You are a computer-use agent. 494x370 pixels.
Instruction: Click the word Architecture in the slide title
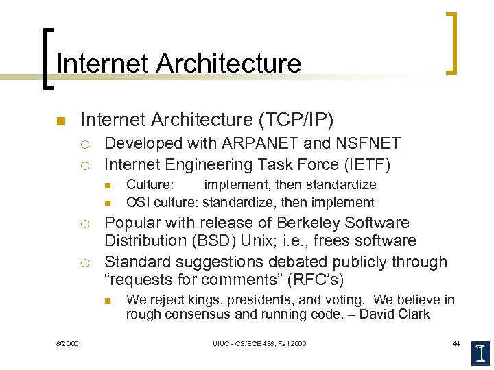pyautogui.click(x=228, y=63)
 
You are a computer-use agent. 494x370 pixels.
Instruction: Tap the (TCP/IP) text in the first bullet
pyautogui.click(x=295, y=121)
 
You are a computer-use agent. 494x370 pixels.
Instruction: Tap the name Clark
pyautogui.click(x=413, y=314)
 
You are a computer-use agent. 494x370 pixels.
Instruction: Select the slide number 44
pyautogui.click(x=456, y=343)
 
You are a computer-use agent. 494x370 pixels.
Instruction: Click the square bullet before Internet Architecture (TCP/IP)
pyautogui.click(x=60, y=122)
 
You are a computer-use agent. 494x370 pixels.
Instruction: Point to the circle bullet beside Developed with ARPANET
pyautogui.click(x=84, y=145)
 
